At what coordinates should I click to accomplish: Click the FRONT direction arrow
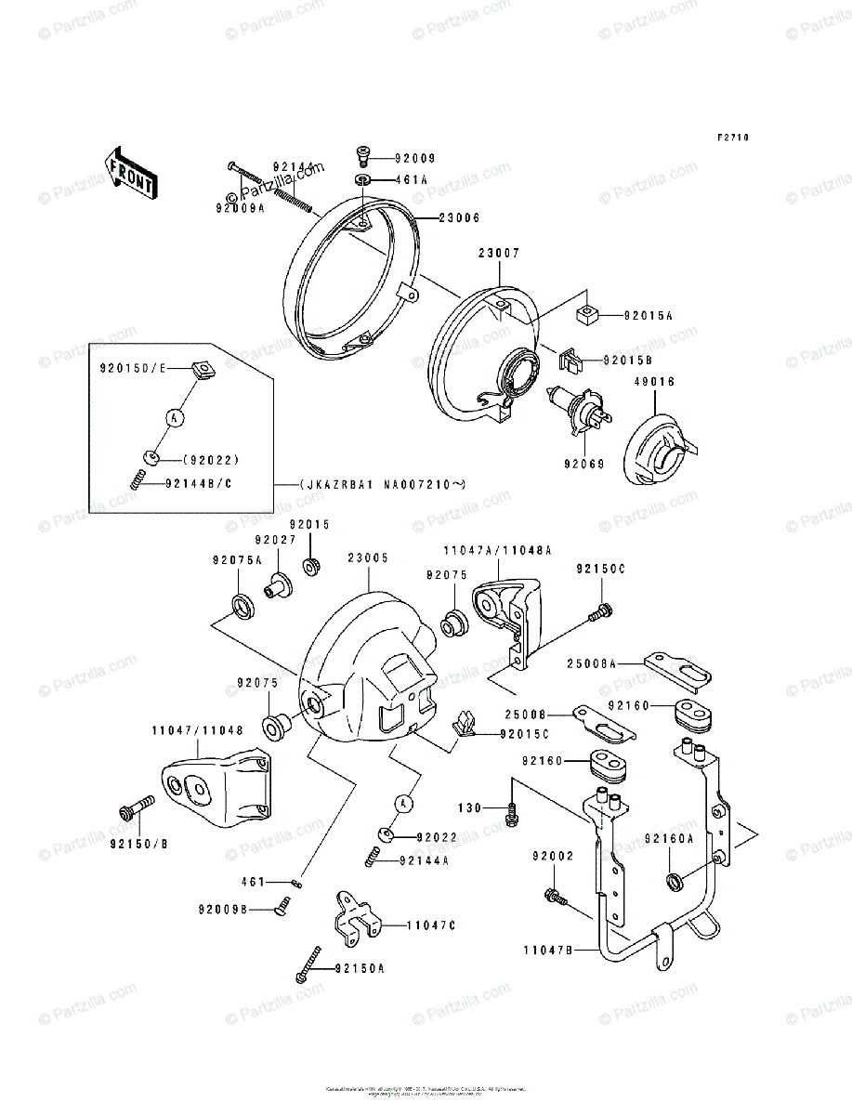[129, 172]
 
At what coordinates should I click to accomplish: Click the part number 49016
[654, 382]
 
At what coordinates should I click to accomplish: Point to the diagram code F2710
[732, 138]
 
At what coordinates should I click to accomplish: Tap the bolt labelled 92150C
[600, 610]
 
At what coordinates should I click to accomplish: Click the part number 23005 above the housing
[368, 558]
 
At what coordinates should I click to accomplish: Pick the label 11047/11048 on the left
[197, 730]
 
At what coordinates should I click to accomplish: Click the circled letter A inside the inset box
[173, 418]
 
